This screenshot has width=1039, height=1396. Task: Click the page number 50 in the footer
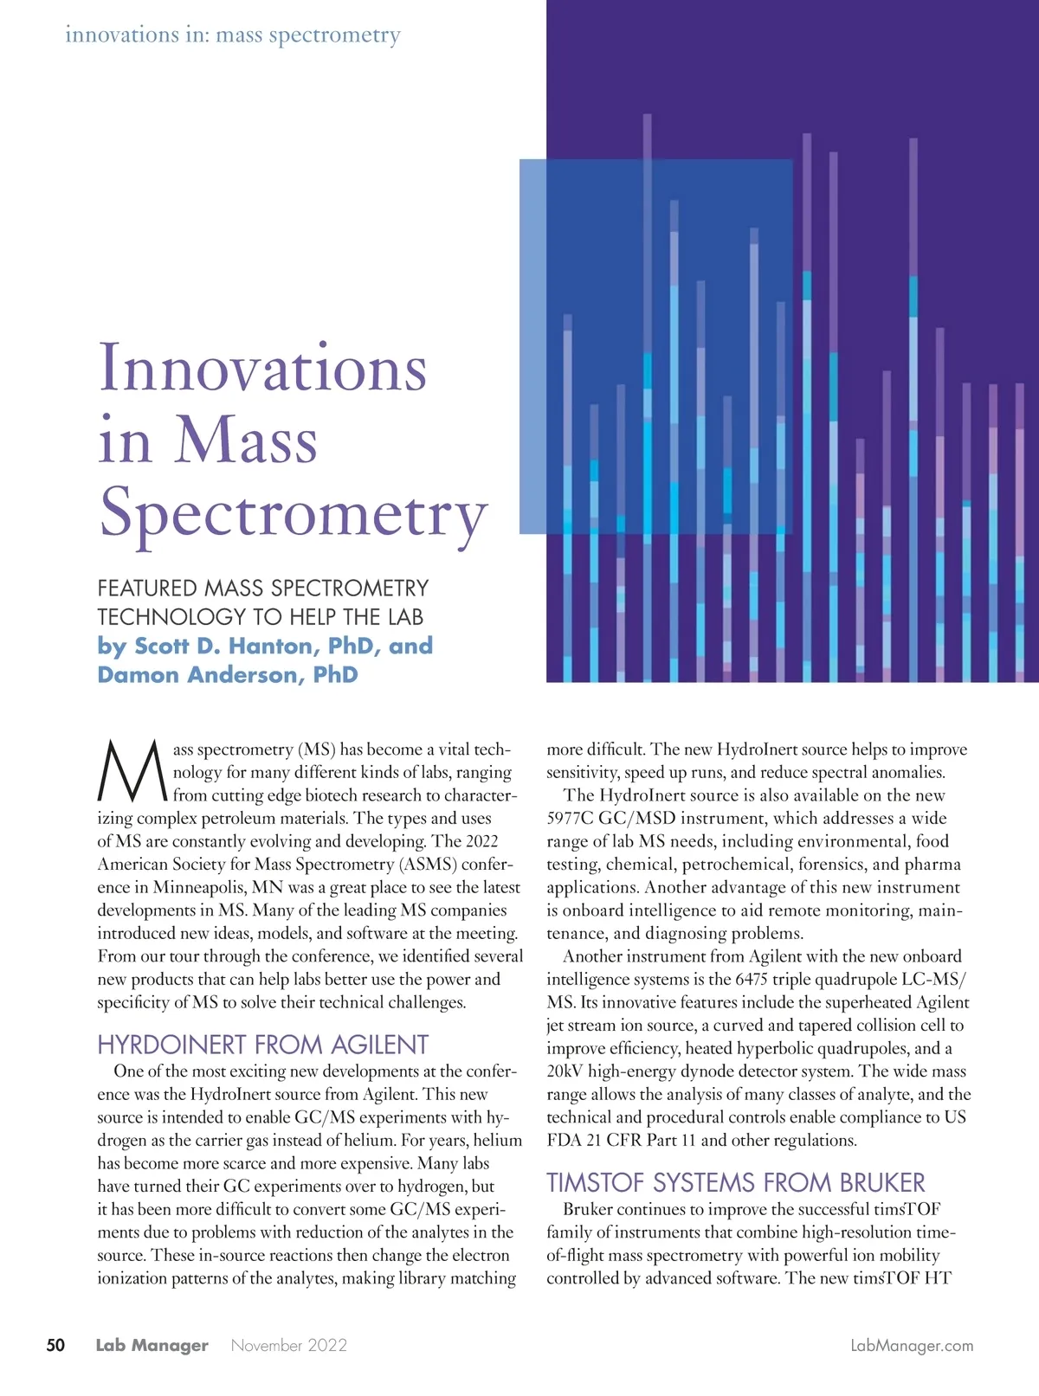pos(55,1345)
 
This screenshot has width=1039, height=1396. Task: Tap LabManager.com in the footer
pos(912,1346)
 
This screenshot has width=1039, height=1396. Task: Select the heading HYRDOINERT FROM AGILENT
pos(262,1045)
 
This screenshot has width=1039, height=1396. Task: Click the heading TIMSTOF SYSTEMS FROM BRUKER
pos(735,1182)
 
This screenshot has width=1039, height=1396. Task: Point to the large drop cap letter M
pos(132,771)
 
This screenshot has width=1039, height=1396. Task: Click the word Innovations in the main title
pos(263,368)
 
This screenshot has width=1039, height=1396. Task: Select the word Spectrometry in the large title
pos(294,513)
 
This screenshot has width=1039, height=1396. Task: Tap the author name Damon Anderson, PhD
pos(228,674)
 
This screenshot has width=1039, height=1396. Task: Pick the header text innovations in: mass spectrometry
pos(233,35)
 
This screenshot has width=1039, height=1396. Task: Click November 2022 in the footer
pos(289,1345)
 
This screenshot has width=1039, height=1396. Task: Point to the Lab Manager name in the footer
pos(152,1345)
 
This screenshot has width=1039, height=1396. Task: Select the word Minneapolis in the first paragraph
pos(198,887)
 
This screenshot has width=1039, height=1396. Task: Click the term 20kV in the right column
pos(565,1071)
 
